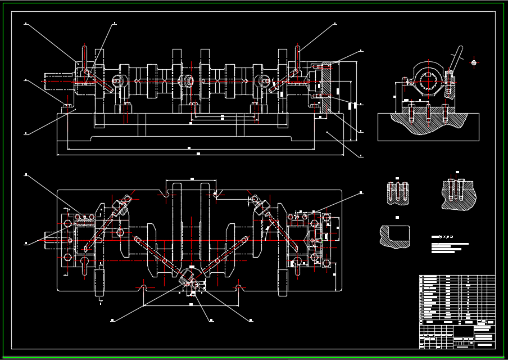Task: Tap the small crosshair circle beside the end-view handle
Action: pyautogui.click(x=474, y=62)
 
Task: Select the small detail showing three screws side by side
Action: pyautogui.click(x=397, y=192)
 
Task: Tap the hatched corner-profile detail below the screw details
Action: pyautogui.click(x=395, y=236)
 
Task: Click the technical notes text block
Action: pyautogui.click(x=450, y=246)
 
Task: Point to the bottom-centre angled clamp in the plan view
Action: pyautogui.click(x=188, y=277)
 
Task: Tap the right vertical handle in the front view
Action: pyautogui.click(x=298, y=57)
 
